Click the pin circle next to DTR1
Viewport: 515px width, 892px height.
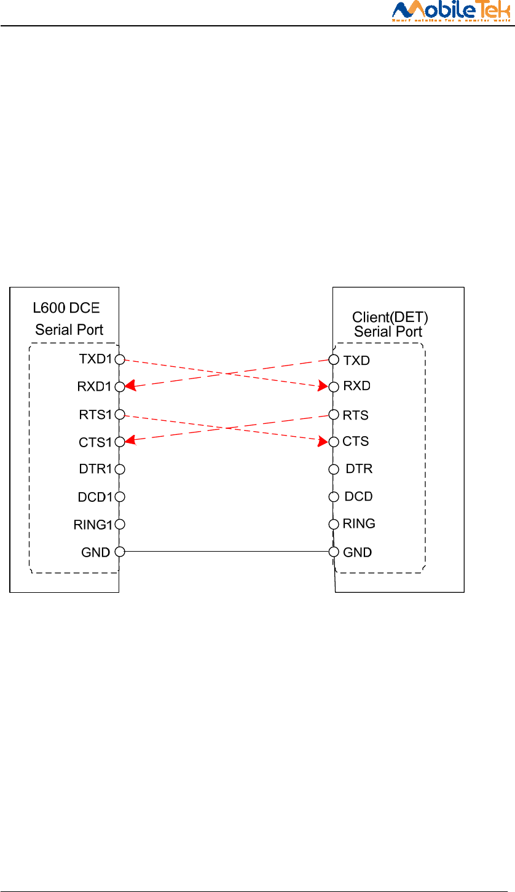tap(120, 469)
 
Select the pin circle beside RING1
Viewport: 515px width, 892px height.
tap(120, 524)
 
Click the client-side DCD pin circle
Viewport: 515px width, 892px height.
tap(334, 496)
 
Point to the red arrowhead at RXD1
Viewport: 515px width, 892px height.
tap(130, 386)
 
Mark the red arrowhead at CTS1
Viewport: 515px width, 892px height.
tap(130, 440)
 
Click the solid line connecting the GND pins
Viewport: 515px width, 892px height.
tap(227, 552)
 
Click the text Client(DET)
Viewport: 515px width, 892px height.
tap(390, 318)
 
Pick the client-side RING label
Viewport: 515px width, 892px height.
tap(359, 524)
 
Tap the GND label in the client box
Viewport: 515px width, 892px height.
tap(357, 552)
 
